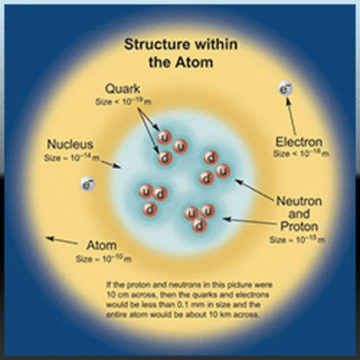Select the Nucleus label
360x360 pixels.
[70, 144]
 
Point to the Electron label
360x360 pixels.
[298, 142]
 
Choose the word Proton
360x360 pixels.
[298, 226]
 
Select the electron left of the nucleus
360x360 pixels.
[89, 182]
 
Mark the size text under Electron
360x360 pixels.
[299, 154]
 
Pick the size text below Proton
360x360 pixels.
[298, 239]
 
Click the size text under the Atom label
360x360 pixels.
[103, 258]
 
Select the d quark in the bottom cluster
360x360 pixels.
[199, 224]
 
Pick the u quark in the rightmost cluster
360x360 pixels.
[221, 172]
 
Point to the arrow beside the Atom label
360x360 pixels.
[61, 241]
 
